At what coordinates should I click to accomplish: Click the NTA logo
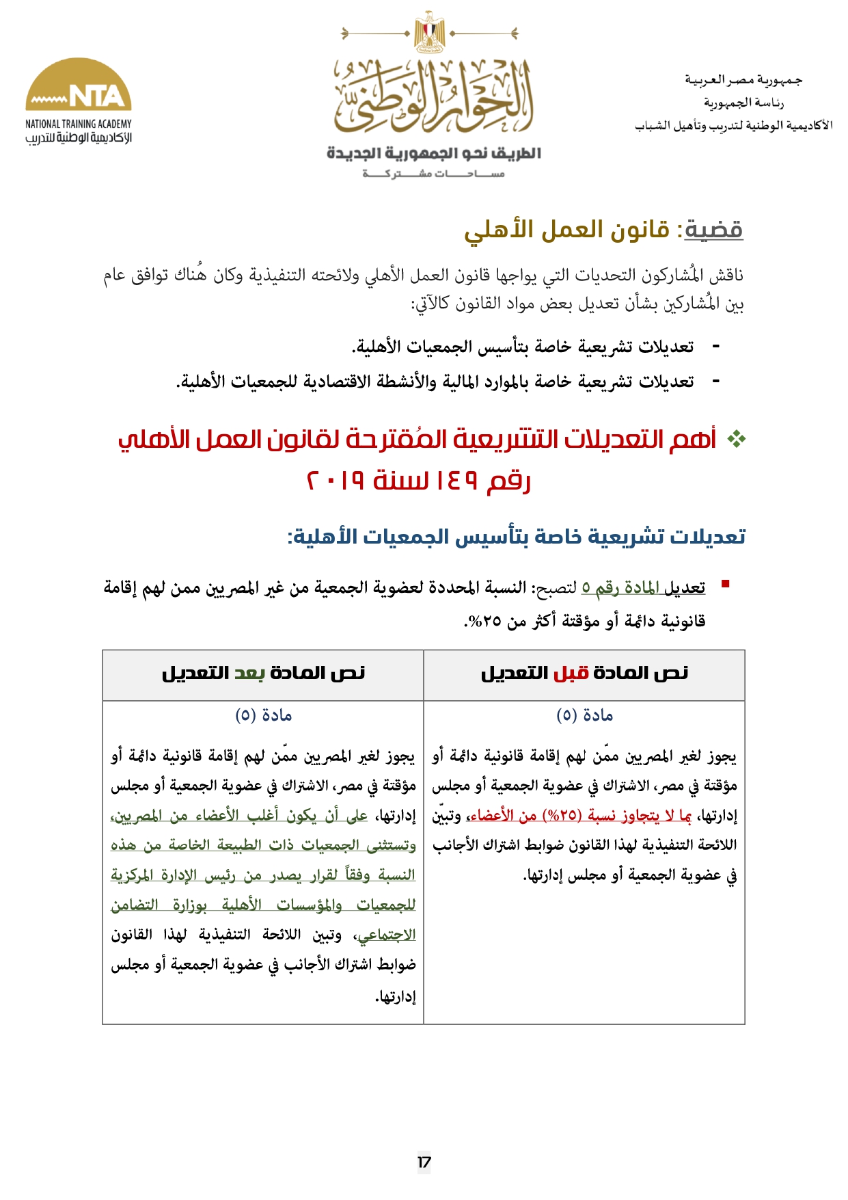pos(79,85)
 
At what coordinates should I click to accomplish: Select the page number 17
pos(424,1162)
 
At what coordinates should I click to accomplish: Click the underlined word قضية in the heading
pos(713,230)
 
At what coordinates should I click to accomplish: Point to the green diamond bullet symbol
pos(736,440)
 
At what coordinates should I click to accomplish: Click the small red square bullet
pos(725,583)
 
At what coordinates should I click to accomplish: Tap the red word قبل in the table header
pos(571,674)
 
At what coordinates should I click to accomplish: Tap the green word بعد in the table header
pos(249,674)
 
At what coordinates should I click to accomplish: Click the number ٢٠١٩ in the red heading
pos(335,481)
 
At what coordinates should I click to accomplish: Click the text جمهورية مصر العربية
pos(743,80)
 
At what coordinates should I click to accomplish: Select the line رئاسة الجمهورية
pos(743,103)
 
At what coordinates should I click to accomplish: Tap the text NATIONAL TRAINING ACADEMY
pos(79,124)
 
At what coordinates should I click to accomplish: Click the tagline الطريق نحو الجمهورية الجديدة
pos(433,153)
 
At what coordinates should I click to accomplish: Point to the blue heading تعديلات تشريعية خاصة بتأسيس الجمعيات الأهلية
pos(517,537)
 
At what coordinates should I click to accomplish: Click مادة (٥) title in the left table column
pos(263,715)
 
